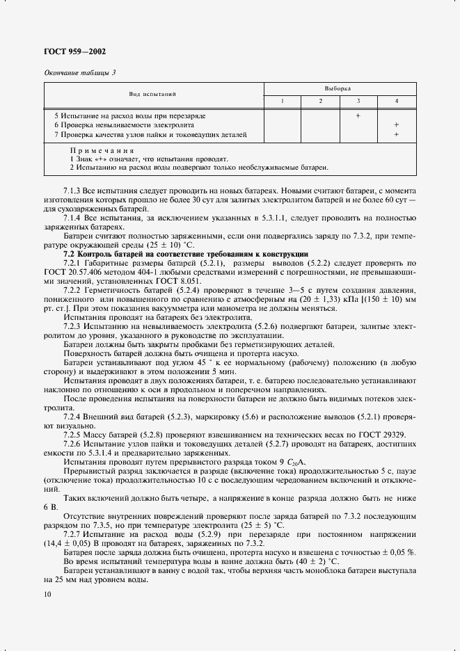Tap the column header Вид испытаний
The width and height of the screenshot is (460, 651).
coord(152,93)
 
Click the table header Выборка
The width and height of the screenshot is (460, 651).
coord(338,88)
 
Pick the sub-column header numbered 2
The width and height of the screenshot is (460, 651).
coord(320,102)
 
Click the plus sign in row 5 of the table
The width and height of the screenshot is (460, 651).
coord(358,115)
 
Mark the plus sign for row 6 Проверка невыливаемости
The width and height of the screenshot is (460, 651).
coord(396,124)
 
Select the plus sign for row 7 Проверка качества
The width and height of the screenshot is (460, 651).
coord(396,134)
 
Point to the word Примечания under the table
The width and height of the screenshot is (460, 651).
coord(102,150)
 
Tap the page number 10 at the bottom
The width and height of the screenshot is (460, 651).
coord(47,593)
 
